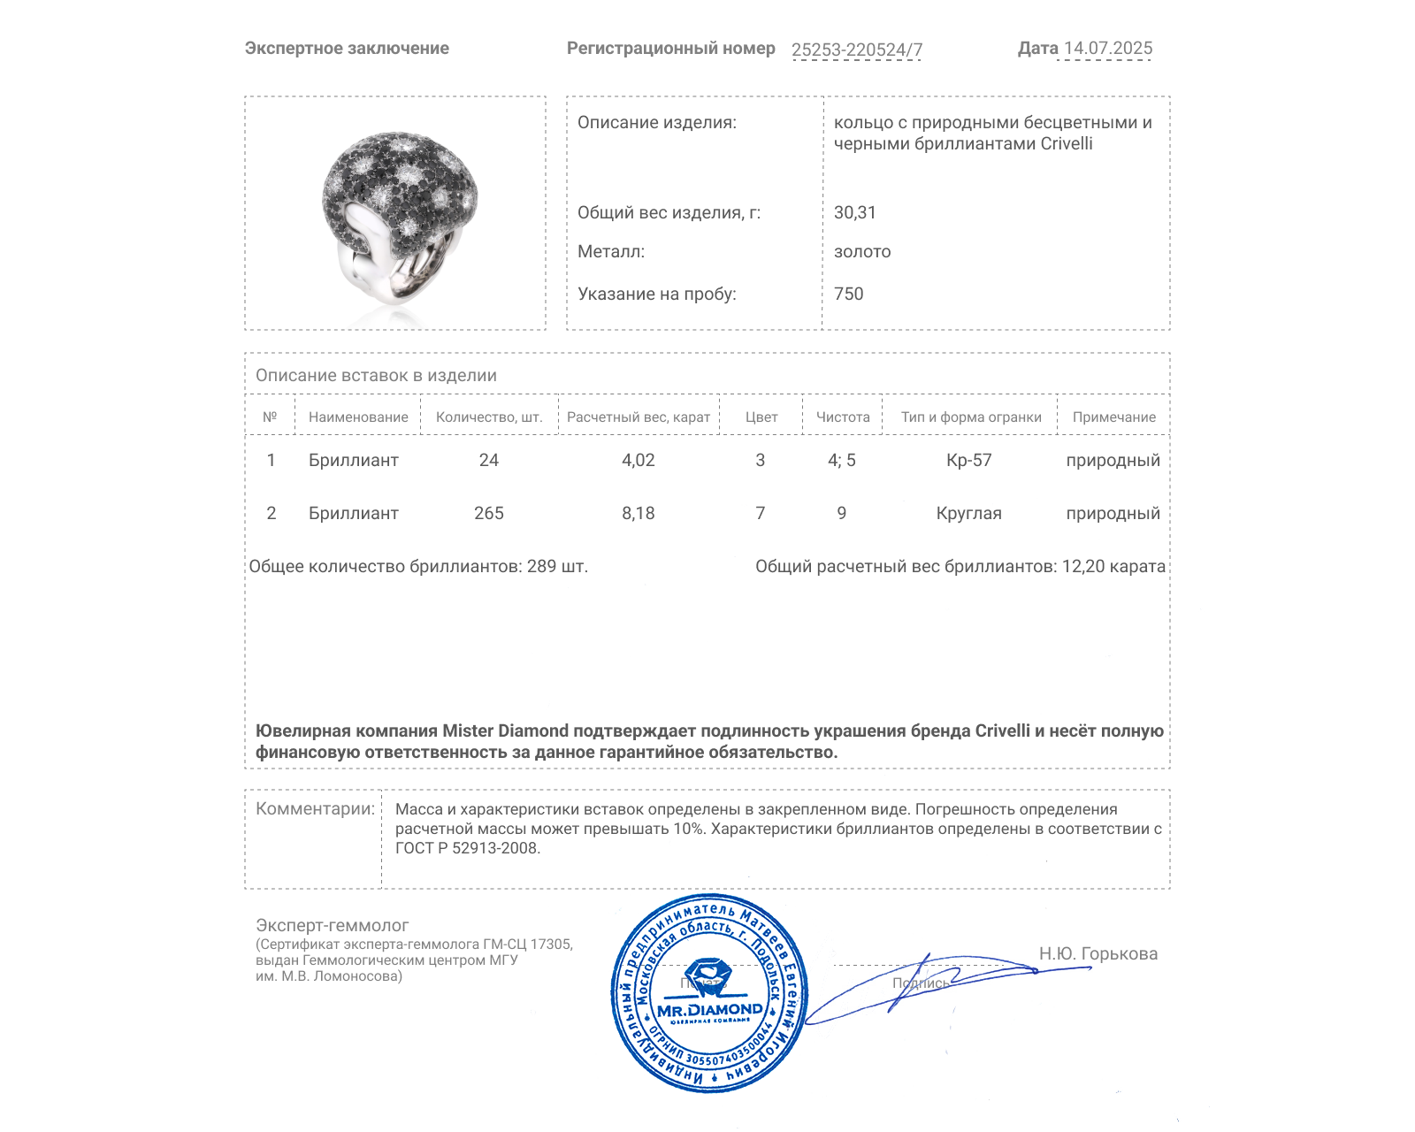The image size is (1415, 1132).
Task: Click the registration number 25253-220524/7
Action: [x=856, y=50]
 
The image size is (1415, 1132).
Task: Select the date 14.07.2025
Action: [x=1107, y=49]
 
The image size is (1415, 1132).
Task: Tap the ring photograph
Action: [x=395, y=213]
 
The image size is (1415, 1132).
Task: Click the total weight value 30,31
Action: [x=854, y=213]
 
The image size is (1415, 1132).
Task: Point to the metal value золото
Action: [x=861, y=252]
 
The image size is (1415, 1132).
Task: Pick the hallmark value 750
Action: [x=848, y=294]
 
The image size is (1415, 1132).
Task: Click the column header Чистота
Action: [x=842, y=417]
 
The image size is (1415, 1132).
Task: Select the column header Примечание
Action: [x=1113, y=417]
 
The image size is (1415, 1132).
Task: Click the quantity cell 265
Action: [x=488, y=514]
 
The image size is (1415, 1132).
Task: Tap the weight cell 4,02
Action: [x=638, y=461]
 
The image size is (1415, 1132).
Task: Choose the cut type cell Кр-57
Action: [x=968, y=461]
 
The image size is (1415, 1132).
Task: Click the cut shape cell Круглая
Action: [x=968, y=514]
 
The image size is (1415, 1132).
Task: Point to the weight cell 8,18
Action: [x=638, y=514]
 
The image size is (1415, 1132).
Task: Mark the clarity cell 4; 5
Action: [x=841, y=461]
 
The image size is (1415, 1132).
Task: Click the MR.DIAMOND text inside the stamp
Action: [x=709, y=1010]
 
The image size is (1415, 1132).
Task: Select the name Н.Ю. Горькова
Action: [x=1098, y=954]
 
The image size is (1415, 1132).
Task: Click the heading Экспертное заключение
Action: [x=347, y=49]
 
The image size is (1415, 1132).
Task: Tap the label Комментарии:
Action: [x=315, y=809]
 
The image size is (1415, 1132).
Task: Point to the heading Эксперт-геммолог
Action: [x=332, y=926]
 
